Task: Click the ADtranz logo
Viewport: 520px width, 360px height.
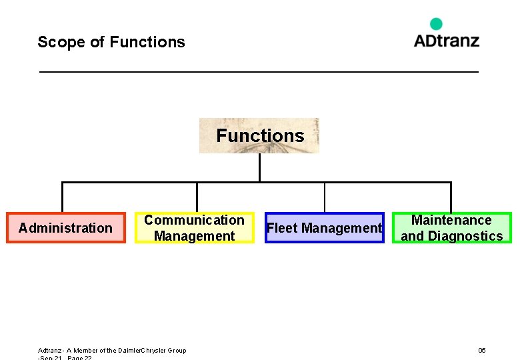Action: pyautogui.click(x=446, y=40)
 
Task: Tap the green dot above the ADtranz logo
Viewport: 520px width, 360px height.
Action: pyautogui.click(x=436, y=24)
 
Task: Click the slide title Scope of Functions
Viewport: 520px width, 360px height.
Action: pyautogui.click(x=111, y=42)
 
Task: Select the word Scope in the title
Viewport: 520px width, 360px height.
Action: pyautogui.click(x=61, y=42)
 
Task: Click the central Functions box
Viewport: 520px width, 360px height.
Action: pyautogui.click(x=259, y=136)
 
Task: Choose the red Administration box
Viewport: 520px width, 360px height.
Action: pyautogui.click(x=65, y=228)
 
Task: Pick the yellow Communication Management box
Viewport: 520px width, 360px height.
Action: pyautogui.click(x=194, y=228)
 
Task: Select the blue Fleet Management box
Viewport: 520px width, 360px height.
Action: pyautogui.click(x=324, y=228)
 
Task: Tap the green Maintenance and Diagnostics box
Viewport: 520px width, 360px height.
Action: pyautogui.click(x=451, y=228)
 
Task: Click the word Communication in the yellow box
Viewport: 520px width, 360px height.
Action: pyautogui.click(x=194, y=220)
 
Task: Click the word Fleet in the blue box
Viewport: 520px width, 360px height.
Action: pyautogui.click(x=282, y=228)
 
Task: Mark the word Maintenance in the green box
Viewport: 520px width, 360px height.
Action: pyautogui.click(x=451, y=220)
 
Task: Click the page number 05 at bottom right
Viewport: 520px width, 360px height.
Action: pyautogui.click(x=482, y=350)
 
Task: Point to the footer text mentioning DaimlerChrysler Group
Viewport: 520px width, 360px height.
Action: pyautogui.click(x=112, y=350)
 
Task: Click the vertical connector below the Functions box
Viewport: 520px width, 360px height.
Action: pyautogui.click(x=259, y=167)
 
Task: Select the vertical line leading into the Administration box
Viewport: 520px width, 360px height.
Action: pyautogui.click(x=62, y=197)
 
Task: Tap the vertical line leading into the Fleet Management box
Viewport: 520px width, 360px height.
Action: pyautogui.click(x=325, y=197)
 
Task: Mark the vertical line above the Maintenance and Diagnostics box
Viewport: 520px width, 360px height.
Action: pyautogui.click(x=451, y=197)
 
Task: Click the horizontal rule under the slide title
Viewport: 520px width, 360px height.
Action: pyautogui.click(x=259, y=71)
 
